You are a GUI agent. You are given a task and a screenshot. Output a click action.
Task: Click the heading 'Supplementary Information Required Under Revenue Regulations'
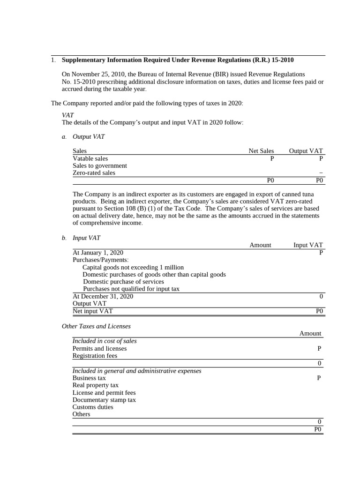pos(178,60)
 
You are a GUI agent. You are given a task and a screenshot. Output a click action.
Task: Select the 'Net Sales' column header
pos(261,151)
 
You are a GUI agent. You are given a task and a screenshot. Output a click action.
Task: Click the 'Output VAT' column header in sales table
pos(306,151)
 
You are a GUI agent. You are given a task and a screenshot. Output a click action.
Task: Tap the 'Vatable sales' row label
pos(90,158)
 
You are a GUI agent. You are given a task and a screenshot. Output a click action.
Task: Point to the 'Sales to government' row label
pos(99,165)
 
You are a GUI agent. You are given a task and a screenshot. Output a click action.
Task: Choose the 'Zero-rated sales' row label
pos(94,172)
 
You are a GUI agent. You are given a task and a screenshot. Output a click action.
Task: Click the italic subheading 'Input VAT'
pos(86,238)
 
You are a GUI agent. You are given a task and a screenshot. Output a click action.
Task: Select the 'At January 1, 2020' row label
pos(97,252)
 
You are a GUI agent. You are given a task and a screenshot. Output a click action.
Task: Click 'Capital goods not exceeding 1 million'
pos(133,267)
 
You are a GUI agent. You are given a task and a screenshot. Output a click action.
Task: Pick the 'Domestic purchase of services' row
pos(123,282)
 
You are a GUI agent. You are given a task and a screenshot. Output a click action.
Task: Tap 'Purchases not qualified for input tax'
pos(131,289)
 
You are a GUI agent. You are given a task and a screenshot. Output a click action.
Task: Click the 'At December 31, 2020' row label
pos(103,296)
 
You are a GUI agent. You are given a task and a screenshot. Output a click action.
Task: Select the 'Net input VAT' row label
pos(92,311)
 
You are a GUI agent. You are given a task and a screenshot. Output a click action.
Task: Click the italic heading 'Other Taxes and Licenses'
pos(96,326)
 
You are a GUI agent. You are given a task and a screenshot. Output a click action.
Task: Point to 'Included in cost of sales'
pos(104,341)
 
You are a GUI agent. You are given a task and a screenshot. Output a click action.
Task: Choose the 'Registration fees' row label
pos(95,356)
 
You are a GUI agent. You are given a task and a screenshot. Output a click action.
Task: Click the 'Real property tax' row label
pos(95,385)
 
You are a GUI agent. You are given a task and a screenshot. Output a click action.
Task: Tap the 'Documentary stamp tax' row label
pos(104,400)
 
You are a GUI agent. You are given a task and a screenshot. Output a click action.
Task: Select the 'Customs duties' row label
pos(93,407)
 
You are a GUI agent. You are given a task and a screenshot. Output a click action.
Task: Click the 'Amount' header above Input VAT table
pos(260,245)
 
